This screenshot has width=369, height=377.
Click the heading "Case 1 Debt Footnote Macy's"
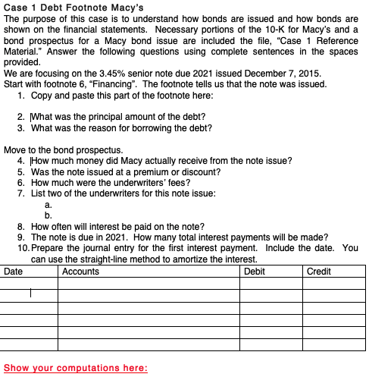67,7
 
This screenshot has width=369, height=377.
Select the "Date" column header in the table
13,271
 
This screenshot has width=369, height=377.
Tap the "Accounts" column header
81,271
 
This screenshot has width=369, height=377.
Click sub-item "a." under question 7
48,204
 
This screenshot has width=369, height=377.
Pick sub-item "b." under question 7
48,215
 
